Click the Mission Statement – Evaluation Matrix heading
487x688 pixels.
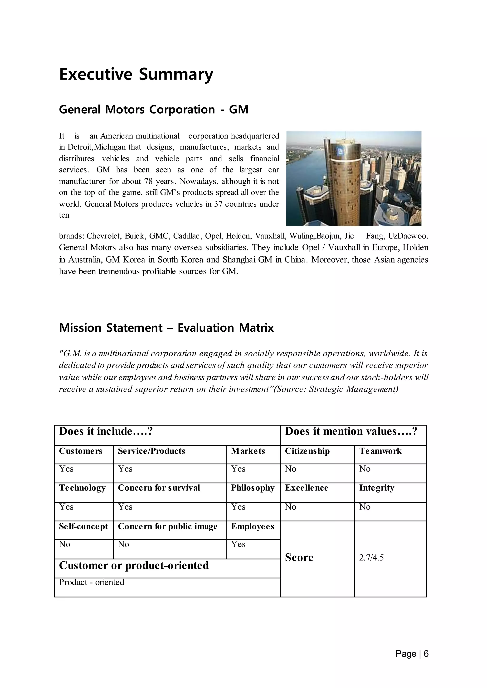coord(166,328)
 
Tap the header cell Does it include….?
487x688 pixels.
coord(106,431)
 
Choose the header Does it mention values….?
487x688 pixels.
coord(351,431)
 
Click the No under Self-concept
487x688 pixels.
coord(64,544)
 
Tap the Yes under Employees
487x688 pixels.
coord(238,544)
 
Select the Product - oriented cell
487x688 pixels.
coord(92,582)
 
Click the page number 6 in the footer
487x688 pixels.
coord(426,654)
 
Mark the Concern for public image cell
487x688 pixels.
coord(168,526)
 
